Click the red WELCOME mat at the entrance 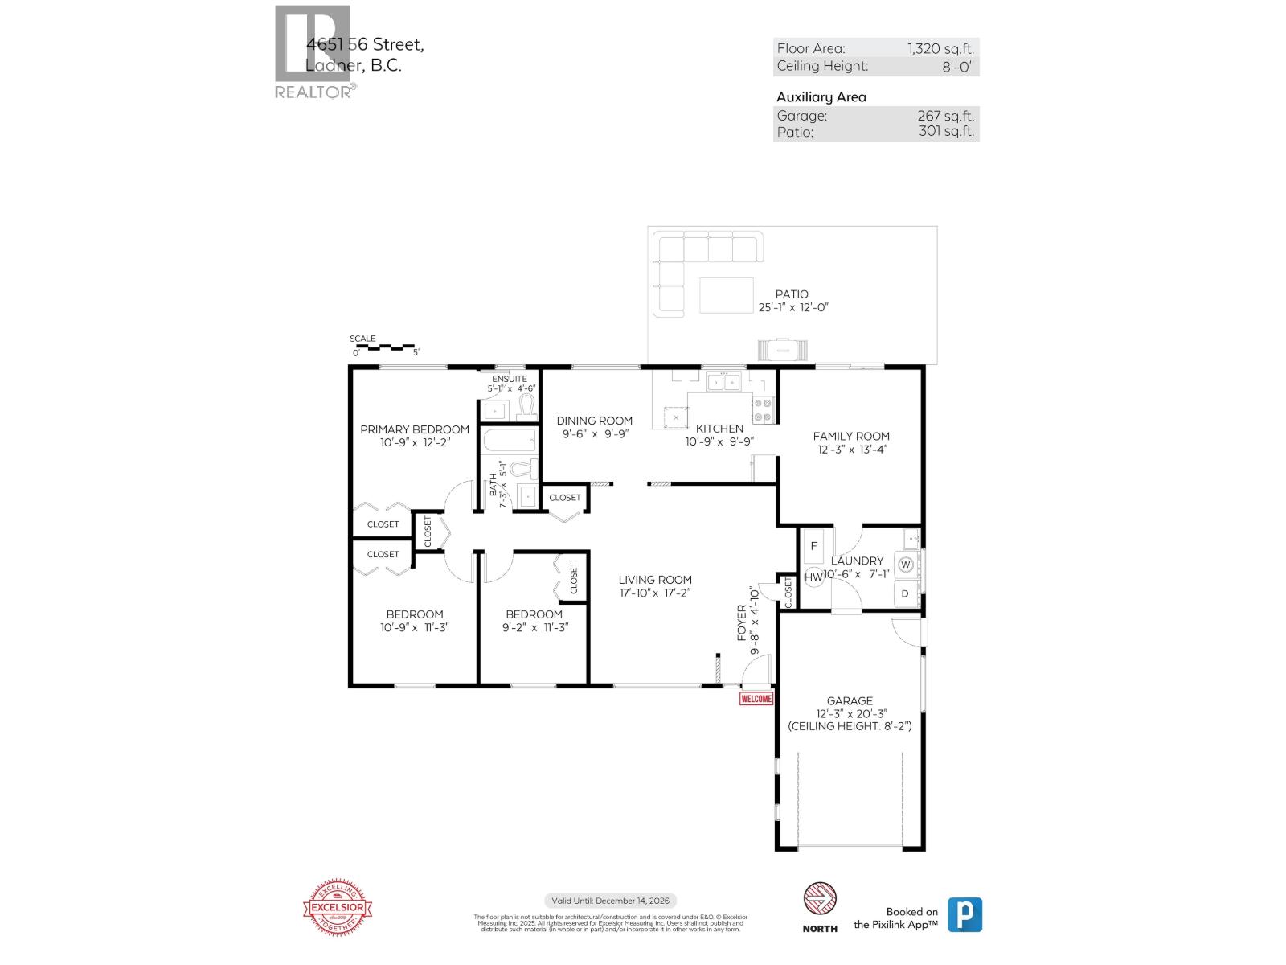pos(756,699)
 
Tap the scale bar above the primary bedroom pos(384,347)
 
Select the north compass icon pos(820,900)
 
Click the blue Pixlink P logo pos(964,915)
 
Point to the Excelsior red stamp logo pos(338,909)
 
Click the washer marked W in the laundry pos(906,565)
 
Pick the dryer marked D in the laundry pos(905,594)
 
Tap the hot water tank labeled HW pos(813,577)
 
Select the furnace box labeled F pos(813,546)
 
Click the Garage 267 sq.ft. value pos(945,116)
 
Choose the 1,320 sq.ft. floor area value pos(940,49)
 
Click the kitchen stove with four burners pos(763,410)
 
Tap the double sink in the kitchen pos(723,381)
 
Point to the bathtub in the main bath pos(508,440)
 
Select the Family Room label pos(851,437)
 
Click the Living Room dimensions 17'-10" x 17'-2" pos(655,593)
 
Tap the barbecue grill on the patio pos(781,349)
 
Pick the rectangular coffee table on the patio pos(726,295)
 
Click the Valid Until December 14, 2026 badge pos(611,901)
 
